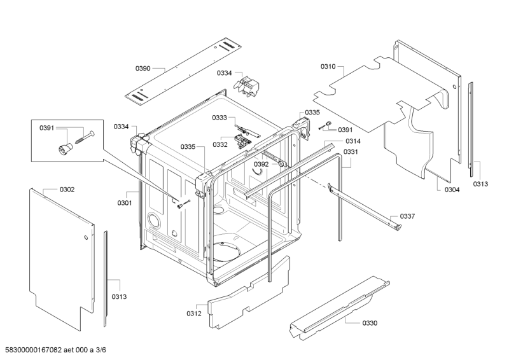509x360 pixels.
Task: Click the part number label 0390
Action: pyautogui.click(x=143, y=68)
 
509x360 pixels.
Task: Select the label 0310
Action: pyautogui.click(x=328, y=67)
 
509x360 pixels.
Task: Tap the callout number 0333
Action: pyautogui.click(x=220, y=118)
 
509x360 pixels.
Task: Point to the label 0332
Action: pyautogui.click(x=220, y=144)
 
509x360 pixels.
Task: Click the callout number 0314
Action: pyautogui.click(x=353, y=141)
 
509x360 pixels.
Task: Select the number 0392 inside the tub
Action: pyautogui.click(x=261, y=164)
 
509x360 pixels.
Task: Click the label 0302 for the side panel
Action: pyautogui.click(x=67, y=190)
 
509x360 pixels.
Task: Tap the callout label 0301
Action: pyautogui.click(x=125, y=203)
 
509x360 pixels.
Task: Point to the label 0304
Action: pyautogui.click(x=452, y=190)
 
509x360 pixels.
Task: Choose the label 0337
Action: pyautogui.click(x=407, y=216)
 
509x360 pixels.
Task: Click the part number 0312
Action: pyautogui.click(x=194, y=314)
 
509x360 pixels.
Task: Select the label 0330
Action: pyautogui.click(x=370, y=323)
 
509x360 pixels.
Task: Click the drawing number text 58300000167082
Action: pyautogui.click(x=31, y=350)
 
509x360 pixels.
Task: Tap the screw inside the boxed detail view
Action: pyautogui.click(x=85, y=137)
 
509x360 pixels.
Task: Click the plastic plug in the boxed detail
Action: pyautogui.click(x=65, y=149)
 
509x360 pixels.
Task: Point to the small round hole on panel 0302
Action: pyautogui.click(x=86, y=238)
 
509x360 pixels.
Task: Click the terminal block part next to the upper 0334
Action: pyautogui.click(x=247, y=87)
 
